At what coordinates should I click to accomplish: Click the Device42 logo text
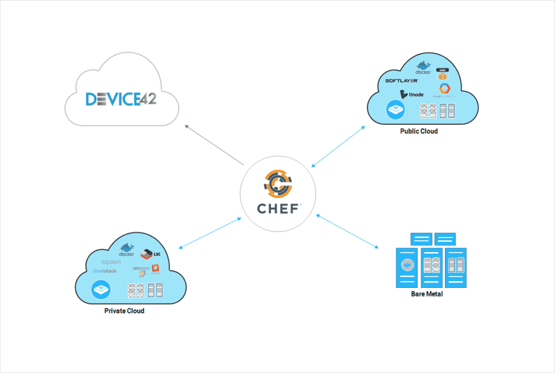click(121, 99)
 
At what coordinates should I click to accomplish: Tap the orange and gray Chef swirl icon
click(278, 183)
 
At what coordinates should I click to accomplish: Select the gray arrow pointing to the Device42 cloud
click(214, 145)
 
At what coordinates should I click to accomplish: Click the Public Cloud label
click(418, 131)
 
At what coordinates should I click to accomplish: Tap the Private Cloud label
click(124, 311)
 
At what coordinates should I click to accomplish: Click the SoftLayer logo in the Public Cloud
click(401, 81)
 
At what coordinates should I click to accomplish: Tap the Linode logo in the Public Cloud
click(411, 94)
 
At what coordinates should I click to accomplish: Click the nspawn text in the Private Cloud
click(111, 262)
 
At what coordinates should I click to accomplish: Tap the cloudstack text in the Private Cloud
click(105, 271)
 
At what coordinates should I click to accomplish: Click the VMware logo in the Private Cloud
click(141, 268)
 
